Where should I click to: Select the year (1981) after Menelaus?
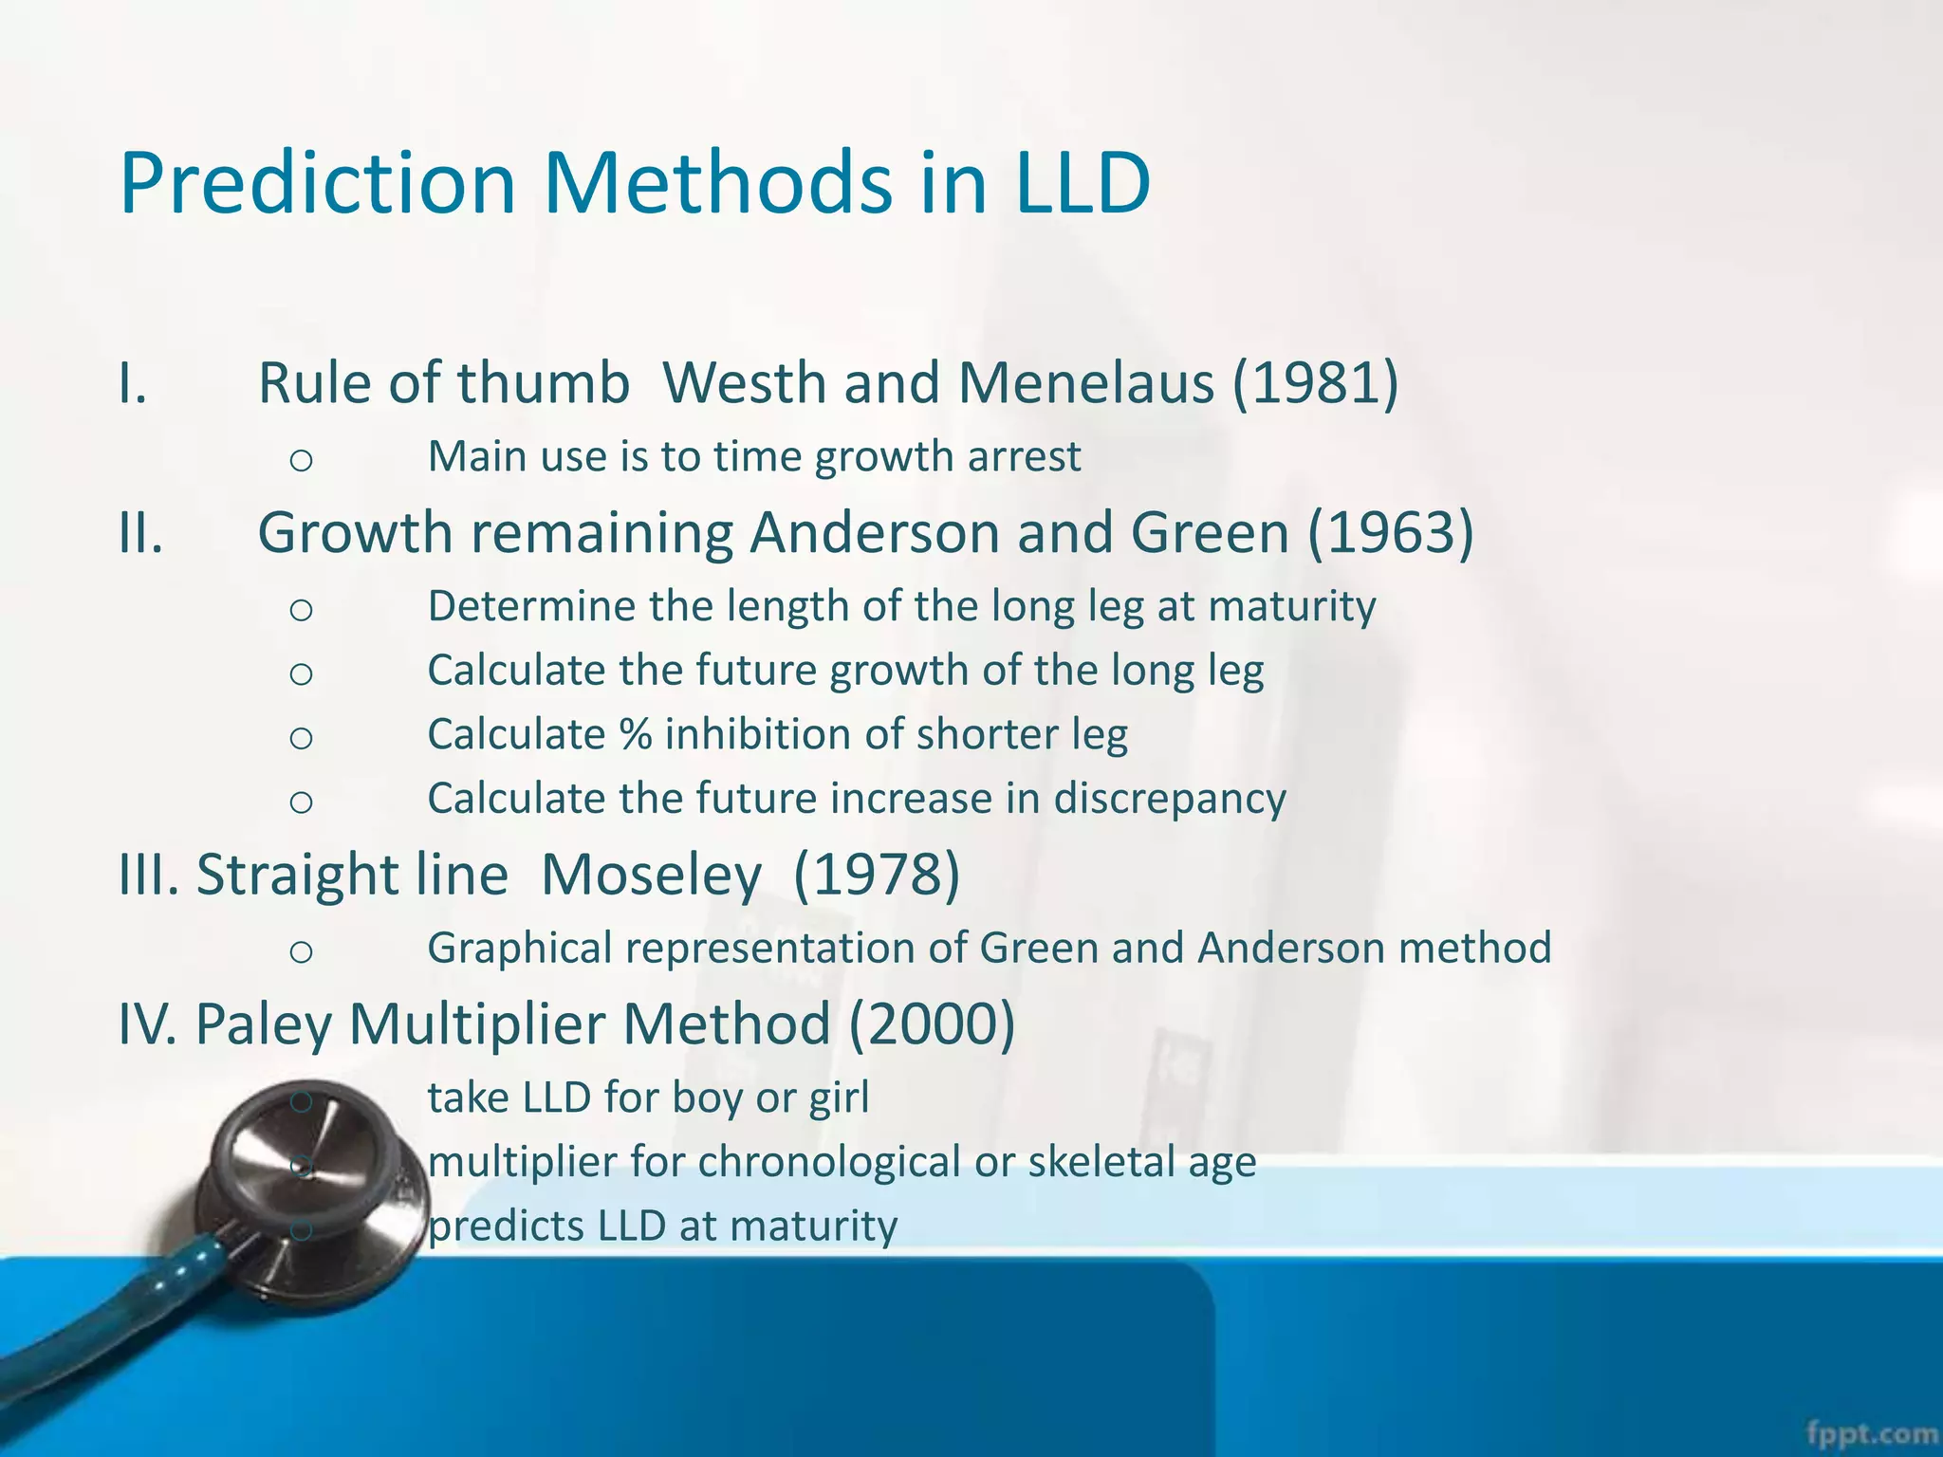tap(1315, 383)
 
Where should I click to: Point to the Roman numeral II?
tap(140, 532)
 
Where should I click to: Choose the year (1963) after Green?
tap(1391, 532)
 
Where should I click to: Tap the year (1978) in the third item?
tap(876, 874)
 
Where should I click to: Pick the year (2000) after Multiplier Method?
tap(932, 1024)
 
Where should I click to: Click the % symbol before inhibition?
tap(636, 735)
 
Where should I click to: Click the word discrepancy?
tap(1170, 799)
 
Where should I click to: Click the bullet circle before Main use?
tap(301, 460)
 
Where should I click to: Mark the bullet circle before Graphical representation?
tap(301, 951)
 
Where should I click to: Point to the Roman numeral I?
tap(132, 383)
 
